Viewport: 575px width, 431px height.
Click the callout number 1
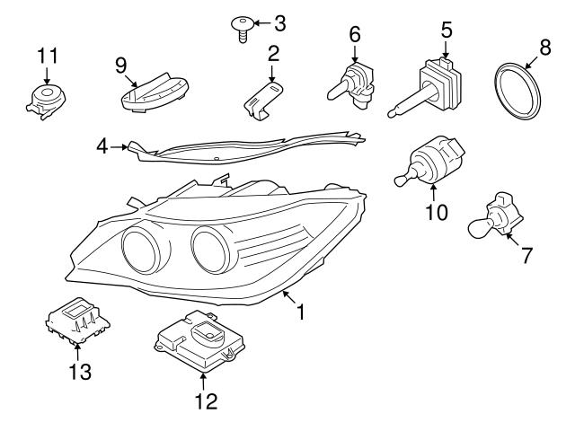point(302,312)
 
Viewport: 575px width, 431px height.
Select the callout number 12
point(206,400)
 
